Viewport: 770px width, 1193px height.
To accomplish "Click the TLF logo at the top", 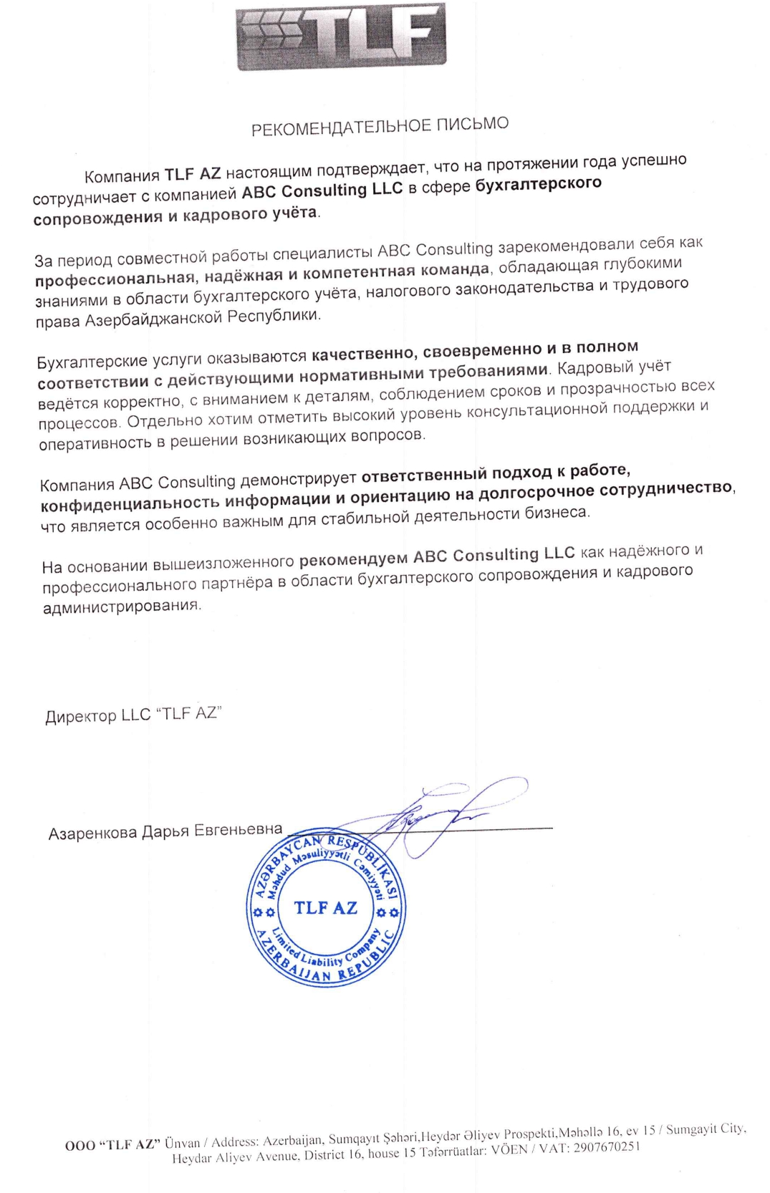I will click(340, 36).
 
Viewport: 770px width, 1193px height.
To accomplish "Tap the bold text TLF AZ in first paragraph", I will click(193, 174).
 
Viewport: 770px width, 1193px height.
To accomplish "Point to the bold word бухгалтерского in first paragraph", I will click(539, 184).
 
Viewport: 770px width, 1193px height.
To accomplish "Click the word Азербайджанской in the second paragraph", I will click(154, 319).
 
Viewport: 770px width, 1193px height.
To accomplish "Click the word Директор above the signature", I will click(80, 717).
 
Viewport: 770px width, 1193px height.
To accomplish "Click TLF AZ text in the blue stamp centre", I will click(325, 908).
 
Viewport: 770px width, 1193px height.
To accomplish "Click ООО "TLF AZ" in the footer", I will click(112, 1144).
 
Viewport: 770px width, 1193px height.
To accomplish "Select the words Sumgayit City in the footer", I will click(706, 1129).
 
